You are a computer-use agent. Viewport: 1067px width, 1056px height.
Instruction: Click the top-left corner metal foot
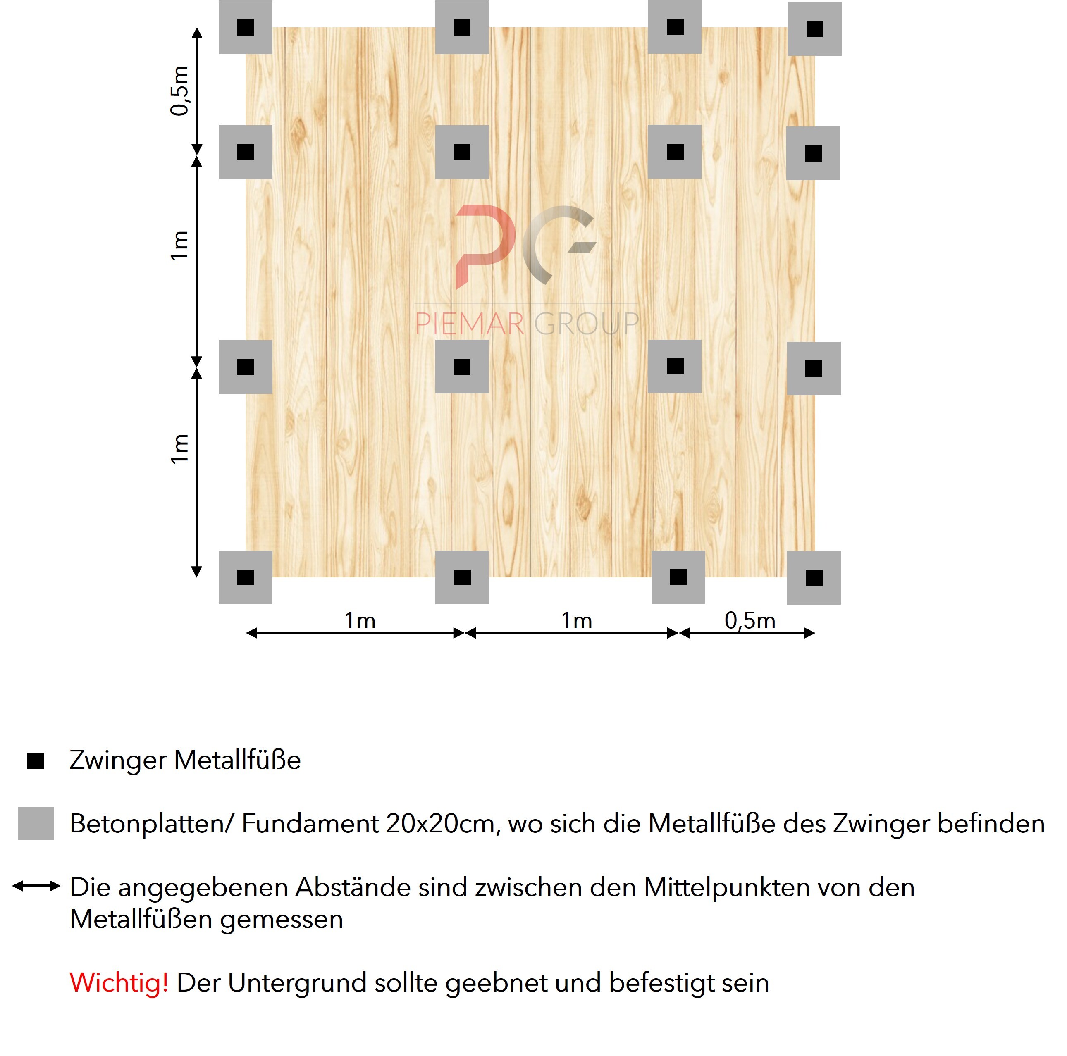(245, 27)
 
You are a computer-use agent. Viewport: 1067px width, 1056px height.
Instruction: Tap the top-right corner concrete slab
(814, 29)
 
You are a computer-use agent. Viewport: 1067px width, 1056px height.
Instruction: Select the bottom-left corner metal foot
(245, 577)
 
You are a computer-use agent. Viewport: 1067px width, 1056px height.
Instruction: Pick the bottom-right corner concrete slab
(814, 578)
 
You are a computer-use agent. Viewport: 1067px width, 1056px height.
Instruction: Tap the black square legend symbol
(35, 760)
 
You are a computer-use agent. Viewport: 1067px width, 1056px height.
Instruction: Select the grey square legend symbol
(36, 823)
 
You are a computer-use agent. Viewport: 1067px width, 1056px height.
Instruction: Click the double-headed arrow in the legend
(36, 887)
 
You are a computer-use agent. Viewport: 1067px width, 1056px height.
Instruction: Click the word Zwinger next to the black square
(118, 760)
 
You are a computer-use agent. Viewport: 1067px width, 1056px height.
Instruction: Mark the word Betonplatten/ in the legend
(153, 824)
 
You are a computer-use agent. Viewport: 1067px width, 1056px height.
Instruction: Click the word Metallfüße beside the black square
(237, 760)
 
